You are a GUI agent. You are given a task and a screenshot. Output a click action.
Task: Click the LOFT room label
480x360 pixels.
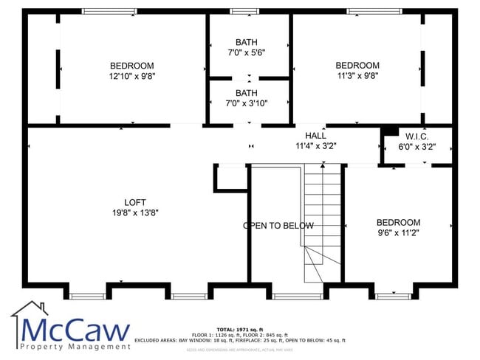[135, 202]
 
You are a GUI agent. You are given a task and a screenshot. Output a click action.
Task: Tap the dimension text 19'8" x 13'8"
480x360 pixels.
[135, 212]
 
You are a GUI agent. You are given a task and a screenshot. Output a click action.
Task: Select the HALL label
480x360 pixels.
[315, 136]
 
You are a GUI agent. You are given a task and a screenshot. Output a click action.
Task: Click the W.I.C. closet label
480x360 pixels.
[417, 136]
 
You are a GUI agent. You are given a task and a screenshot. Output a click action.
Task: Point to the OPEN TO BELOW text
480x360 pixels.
[278, 226]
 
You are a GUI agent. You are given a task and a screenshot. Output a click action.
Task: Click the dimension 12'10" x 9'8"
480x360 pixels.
[132, 75]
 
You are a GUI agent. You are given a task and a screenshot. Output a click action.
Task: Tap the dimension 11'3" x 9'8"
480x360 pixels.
[358, 75]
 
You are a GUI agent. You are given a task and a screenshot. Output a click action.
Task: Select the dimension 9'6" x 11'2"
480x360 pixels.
[398, 232]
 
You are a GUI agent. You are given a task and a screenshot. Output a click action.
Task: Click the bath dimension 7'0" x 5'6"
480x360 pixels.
[247, 52]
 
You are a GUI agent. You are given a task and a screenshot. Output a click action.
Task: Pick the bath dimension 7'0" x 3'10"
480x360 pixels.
[247, 103]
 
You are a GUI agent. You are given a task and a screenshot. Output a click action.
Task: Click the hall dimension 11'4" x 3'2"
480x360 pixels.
[315, 146]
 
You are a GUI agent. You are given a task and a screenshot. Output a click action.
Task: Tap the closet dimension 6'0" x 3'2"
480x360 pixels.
[417, 146]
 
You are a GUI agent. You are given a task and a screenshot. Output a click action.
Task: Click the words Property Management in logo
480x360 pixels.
[75, 347]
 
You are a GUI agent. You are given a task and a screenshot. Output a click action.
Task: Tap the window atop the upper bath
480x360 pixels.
[241, 11]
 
